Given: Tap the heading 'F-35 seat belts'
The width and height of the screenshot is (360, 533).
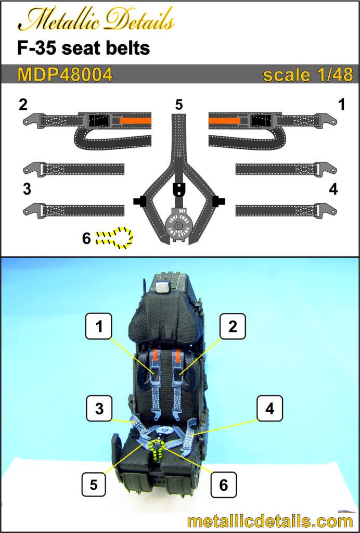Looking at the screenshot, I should [x=83, y=48].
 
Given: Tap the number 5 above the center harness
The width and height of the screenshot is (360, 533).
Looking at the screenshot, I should [x=179, y=105].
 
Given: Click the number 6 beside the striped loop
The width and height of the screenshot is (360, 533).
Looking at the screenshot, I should [x=86, y=238].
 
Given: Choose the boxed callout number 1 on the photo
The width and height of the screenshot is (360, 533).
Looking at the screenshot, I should [x=99, y=327].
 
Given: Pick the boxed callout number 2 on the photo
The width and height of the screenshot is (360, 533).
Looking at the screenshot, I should [x=232, y=327].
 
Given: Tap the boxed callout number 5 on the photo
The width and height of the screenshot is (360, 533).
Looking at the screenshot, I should [x=94, y=484].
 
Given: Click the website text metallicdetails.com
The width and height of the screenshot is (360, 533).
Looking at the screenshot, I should [x=269, y=521].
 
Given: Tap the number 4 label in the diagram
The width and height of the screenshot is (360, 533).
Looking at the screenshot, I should [x=333, y=189].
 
